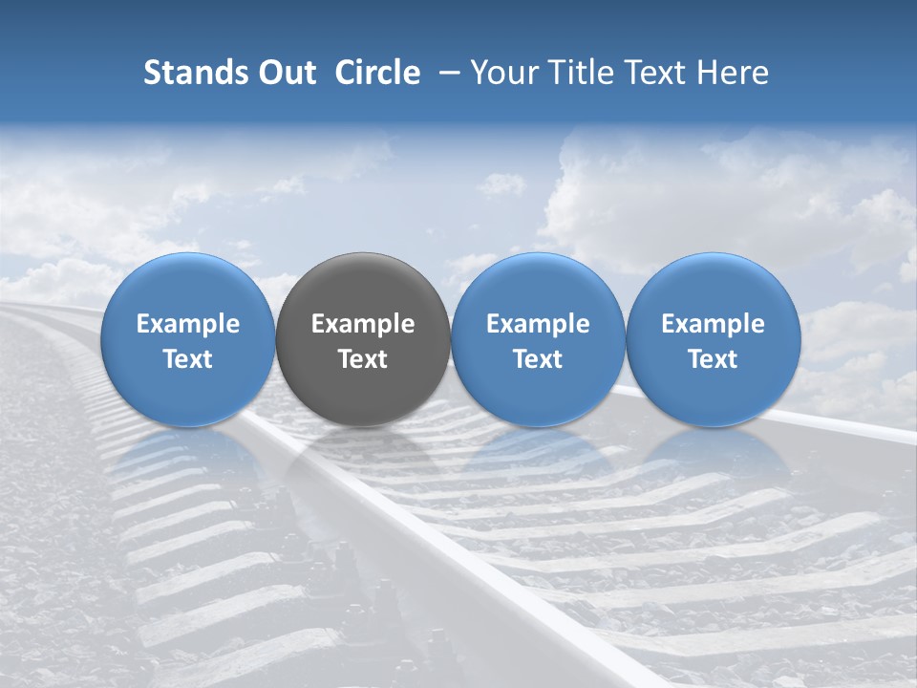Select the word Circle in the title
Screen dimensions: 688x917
click(x=377, y=73)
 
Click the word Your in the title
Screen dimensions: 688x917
click(x=501, y=73)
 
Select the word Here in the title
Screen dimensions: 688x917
click(x=732, y=73)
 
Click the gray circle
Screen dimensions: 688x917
click(x=363, y=382)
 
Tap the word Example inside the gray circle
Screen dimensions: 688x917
click(x=363, y=324)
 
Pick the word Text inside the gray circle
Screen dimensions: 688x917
click(x=363, y=359)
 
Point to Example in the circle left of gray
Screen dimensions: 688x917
click(x=187, y=324)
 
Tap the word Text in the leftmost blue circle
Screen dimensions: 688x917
click(x=187, y=359)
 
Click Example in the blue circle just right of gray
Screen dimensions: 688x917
click(x=538, y=324)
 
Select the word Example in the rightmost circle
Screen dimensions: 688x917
click(x=713, y=324)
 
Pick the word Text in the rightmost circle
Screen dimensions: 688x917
click(x=713, y=359)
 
